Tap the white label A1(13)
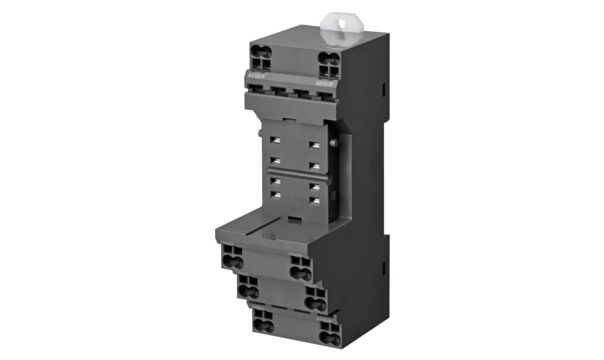pyautogui.click(x=257, y=76)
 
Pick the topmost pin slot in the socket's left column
pyautogui.click(x=276, y=140)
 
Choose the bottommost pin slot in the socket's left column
pyautogui.click(x=276, y=195)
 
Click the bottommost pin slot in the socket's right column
pyautogui.click(x=315, y=200)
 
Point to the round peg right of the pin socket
pyautogui.click(x=334, y=143)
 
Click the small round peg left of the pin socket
pyautogui.click(x=260, y=132)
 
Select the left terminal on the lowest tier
pyautogui.click(x=263, y=321)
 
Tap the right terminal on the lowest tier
pyautogui.click(x=330, y=332)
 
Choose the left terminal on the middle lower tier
pyautogui.click(x=249, y=287)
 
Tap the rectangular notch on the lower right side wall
pyautogui.click(x=384, y=269)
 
